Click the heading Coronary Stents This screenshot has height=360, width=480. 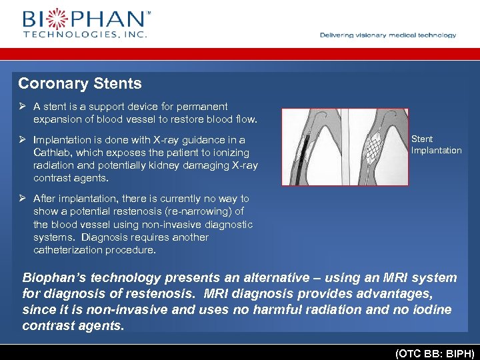point(80,84)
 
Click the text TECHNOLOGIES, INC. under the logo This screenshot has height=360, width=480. point(85,33)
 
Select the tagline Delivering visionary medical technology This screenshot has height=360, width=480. point(388,35)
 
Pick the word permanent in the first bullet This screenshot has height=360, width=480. point(201,107)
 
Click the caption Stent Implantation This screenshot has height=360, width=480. point(436,145)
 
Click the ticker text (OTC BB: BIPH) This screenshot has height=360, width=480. point(435,352)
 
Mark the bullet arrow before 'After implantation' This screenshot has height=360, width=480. point(22,199)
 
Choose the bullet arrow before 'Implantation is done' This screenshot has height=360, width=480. point(22,140)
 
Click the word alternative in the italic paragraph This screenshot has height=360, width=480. point(273,278)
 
